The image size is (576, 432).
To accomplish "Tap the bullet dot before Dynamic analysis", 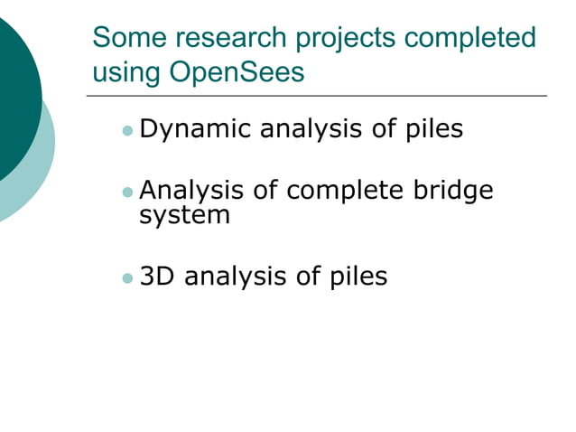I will pyautogui.click(x=127, y=132).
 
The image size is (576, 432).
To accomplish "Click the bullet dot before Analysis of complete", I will pyautogui.click(x=127, y=193).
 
